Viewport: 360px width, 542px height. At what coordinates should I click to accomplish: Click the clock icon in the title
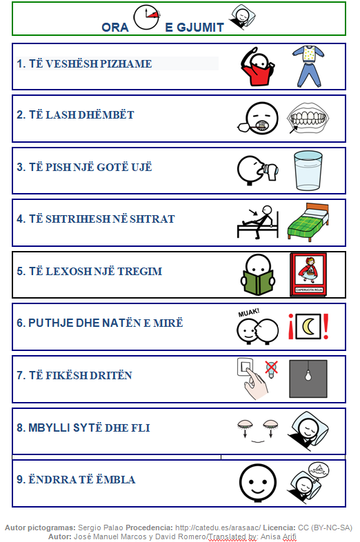(x=146, y=19)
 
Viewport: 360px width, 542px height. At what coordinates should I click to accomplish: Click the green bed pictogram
(x=307, y=221)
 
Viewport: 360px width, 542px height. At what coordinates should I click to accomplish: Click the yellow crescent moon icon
(x=308, y=326)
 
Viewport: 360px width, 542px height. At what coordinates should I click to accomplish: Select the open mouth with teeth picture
(x=307, y=118)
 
